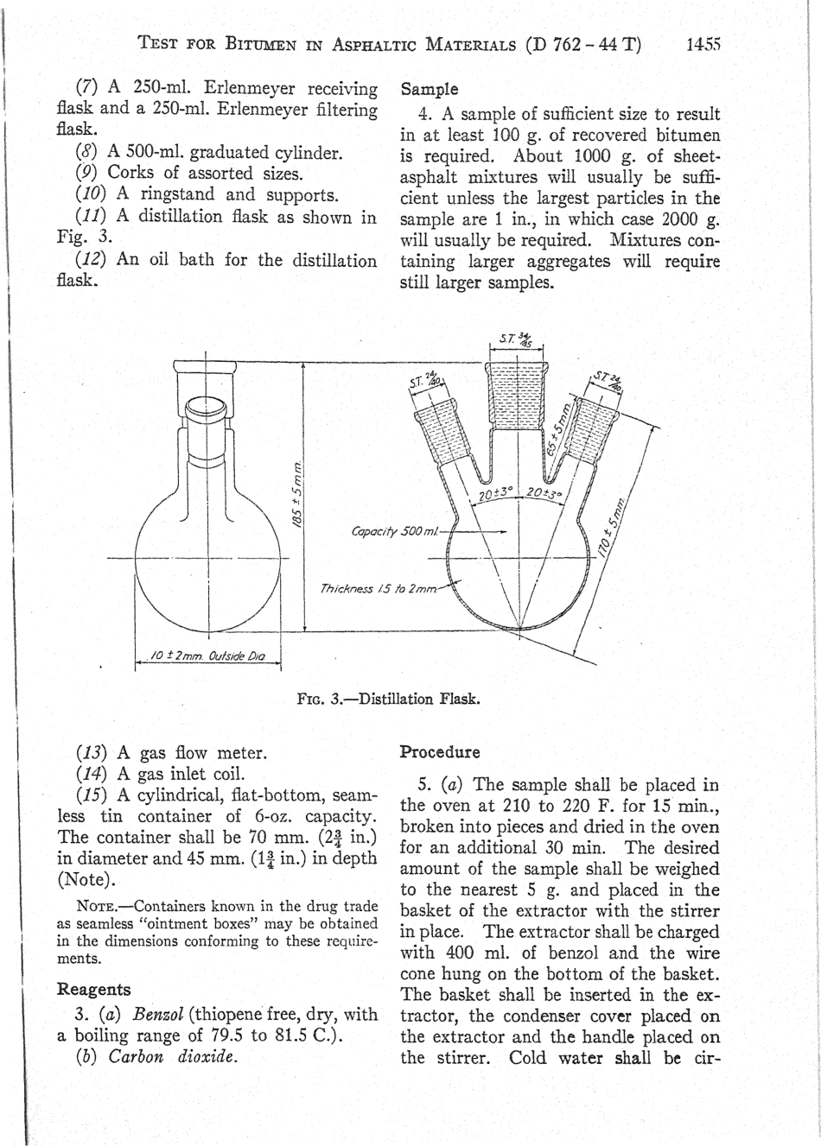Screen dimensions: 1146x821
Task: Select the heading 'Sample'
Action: point(429,89)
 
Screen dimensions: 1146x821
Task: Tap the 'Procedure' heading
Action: point(440,750)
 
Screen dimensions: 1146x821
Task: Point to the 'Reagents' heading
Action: point(93,989)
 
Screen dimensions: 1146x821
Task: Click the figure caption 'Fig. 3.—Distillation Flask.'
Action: point(387,699)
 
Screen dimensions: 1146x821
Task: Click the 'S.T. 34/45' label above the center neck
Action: point(516,338)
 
